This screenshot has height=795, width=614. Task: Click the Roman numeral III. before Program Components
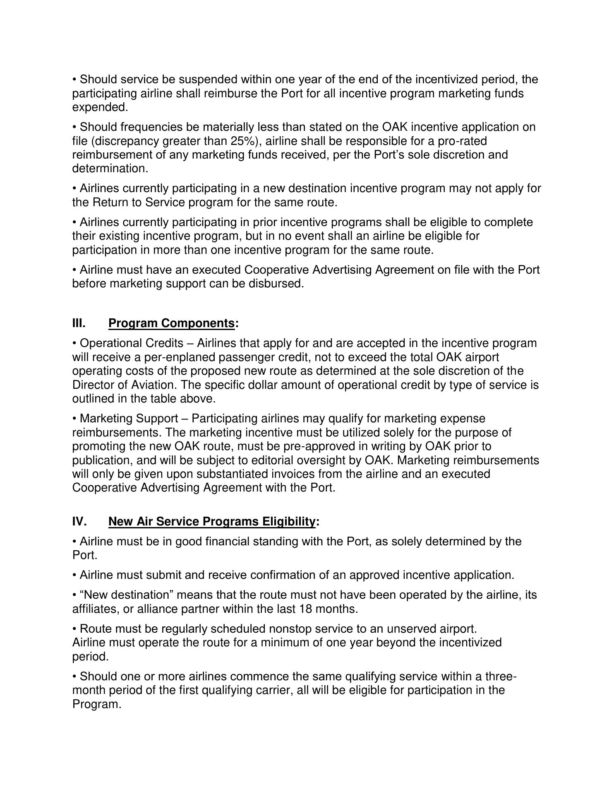[79, 323]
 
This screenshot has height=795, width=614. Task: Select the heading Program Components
[171, 323]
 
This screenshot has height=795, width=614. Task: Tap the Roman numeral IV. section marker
[79, 521]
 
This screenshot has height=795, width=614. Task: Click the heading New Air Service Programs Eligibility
[211, 521]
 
